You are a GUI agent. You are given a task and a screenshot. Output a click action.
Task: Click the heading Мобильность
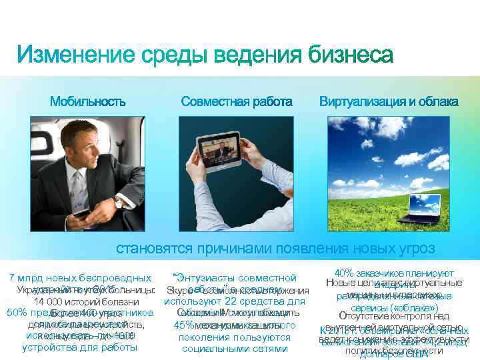point(87,102)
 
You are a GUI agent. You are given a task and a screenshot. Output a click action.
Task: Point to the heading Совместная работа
point(237,102)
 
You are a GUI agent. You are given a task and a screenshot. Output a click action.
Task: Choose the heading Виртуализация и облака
point(388,102)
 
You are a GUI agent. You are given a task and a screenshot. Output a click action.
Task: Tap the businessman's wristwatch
point(119,201)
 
